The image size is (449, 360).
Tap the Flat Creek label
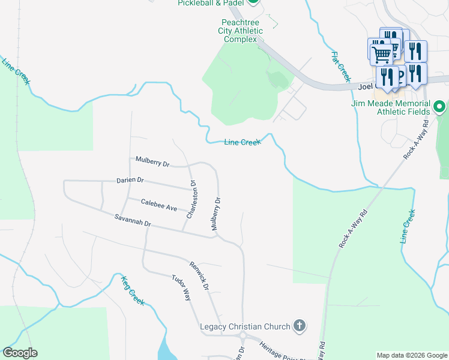[340, 66]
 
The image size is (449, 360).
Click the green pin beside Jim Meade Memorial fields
[439, 107]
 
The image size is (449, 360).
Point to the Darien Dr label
[130, 180]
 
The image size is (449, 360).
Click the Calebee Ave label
[158, 205]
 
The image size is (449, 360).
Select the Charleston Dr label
[191, 200]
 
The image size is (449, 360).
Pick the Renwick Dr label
[199, 275]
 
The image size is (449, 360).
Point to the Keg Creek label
[133, 290]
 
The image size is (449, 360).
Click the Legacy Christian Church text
[244, 326]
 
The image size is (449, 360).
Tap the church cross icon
[298, 326]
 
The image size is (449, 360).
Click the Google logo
[20, 353]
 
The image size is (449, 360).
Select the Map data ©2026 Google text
[412, 355]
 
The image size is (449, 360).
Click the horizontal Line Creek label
[242, 142]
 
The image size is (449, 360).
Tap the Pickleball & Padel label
[210, 3]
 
